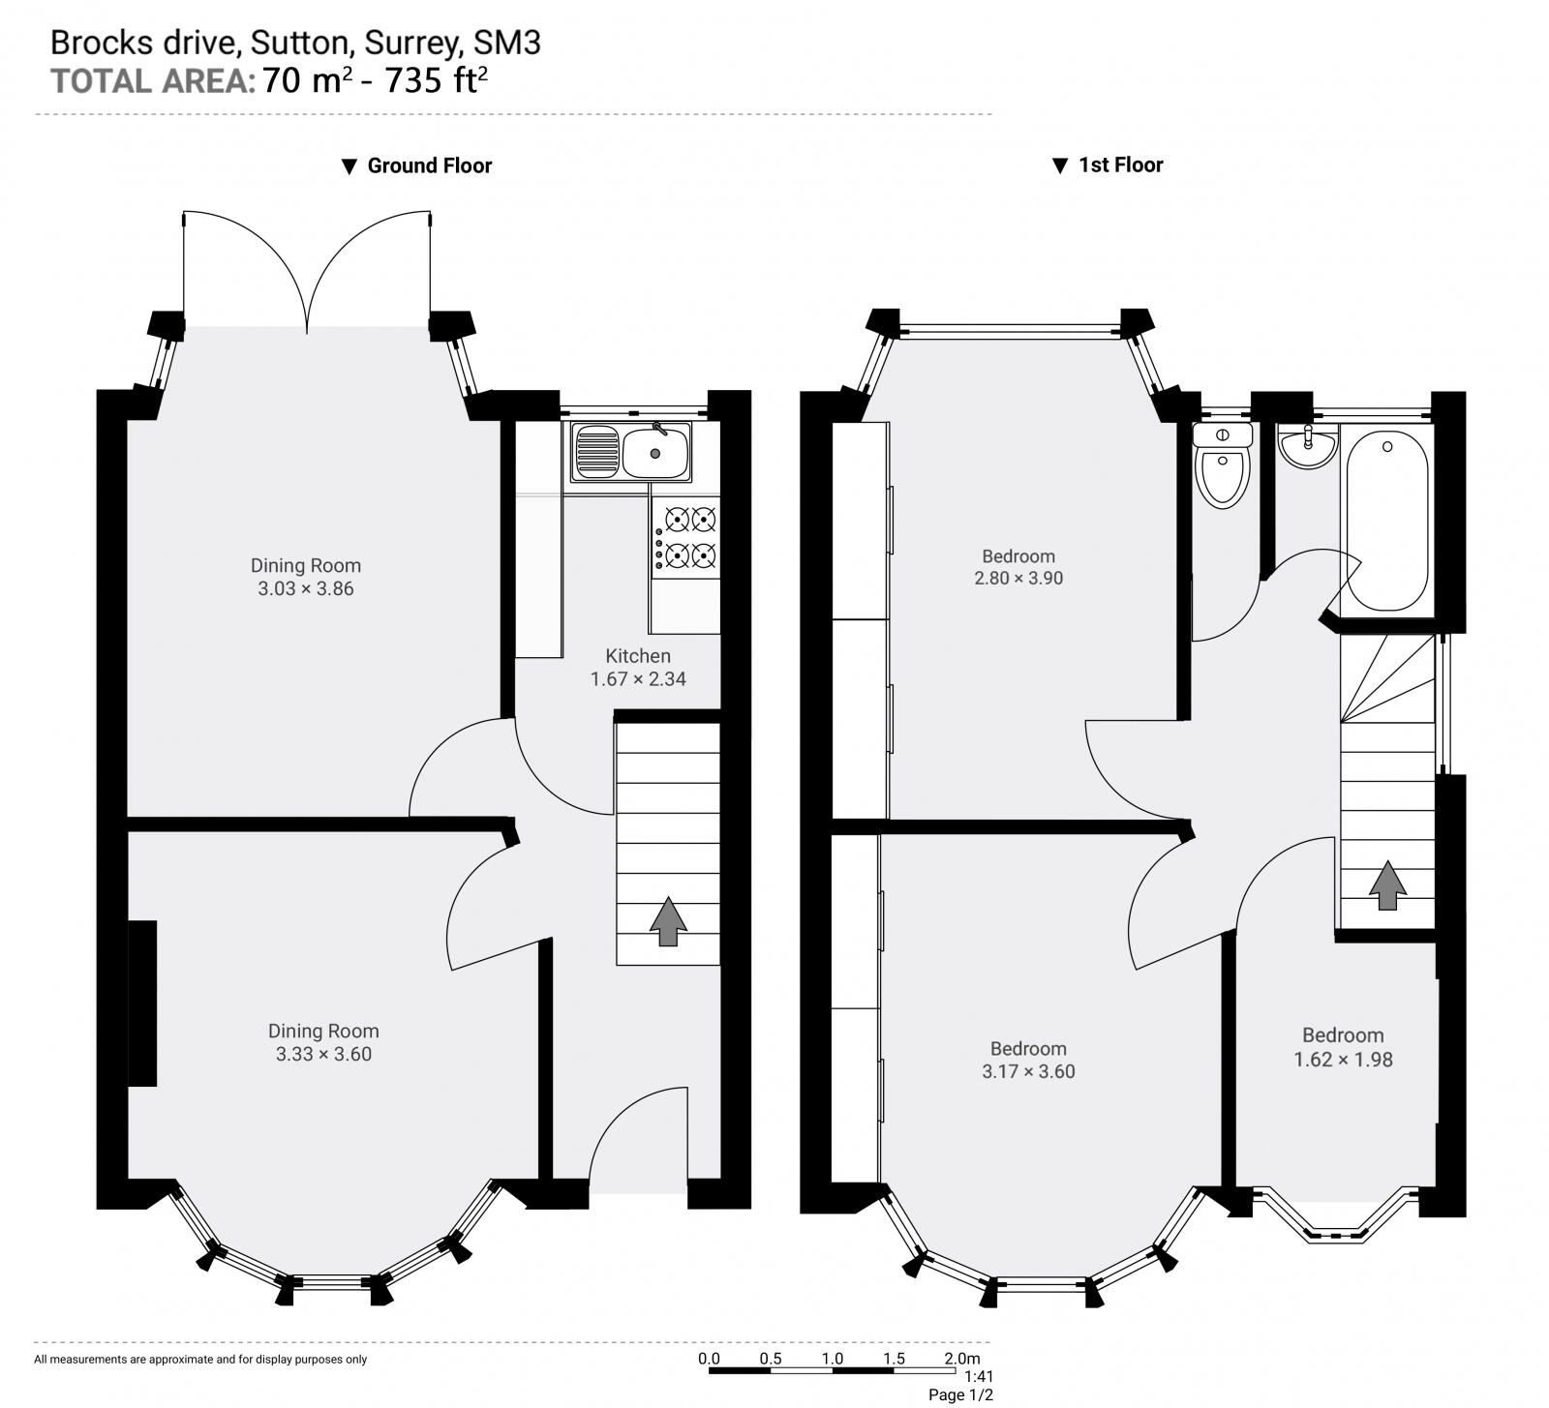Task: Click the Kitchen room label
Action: coord(638,655)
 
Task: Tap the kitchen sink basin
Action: coord(655,452)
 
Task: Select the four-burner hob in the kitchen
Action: coord(686,538)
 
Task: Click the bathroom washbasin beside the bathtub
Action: coord(1308,446)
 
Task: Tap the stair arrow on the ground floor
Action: coord(668,921)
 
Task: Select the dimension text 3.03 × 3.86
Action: coord(306,588)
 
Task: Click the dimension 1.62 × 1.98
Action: coord(1343,1060)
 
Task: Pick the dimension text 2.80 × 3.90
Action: coord(1018,579)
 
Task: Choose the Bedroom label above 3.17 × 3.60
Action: coord(1028,1048)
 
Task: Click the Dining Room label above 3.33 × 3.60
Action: coord(323,1032)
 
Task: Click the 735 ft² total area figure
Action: coord(436,80)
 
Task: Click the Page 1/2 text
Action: coord(960,1394)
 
